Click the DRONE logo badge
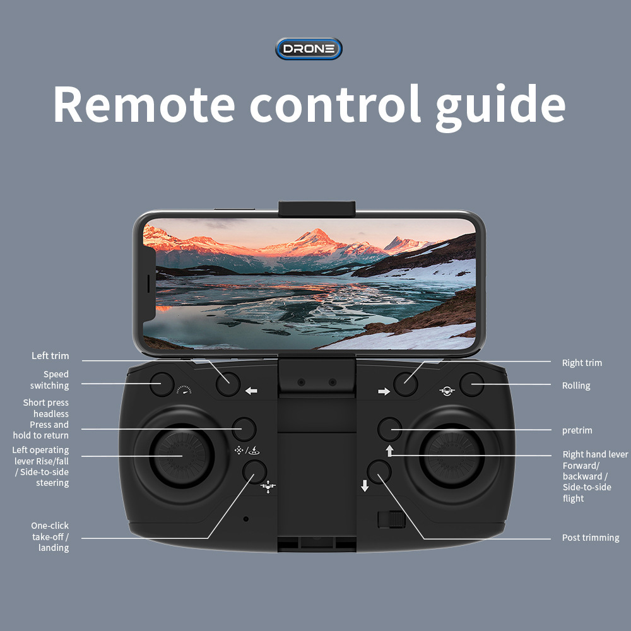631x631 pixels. [x=309, y=49]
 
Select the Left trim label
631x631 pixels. [x=50, y=356]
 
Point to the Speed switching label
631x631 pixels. [x=50, y=380]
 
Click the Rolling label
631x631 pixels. [x=576, y=386]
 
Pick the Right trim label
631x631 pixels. [x=582, y=363]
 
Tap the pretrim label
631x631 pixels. [x=577, y=430]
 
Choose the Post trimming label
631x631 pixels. [x=591, y=538]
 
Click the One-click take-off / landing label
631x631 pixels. [x=50, y=536]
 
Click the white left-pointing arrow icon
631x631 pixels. [x=251, y=391]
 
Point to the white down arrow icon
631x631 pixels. [x=365, y=486]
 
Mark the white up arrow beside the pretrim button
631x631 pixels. [x=389, y=451]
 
